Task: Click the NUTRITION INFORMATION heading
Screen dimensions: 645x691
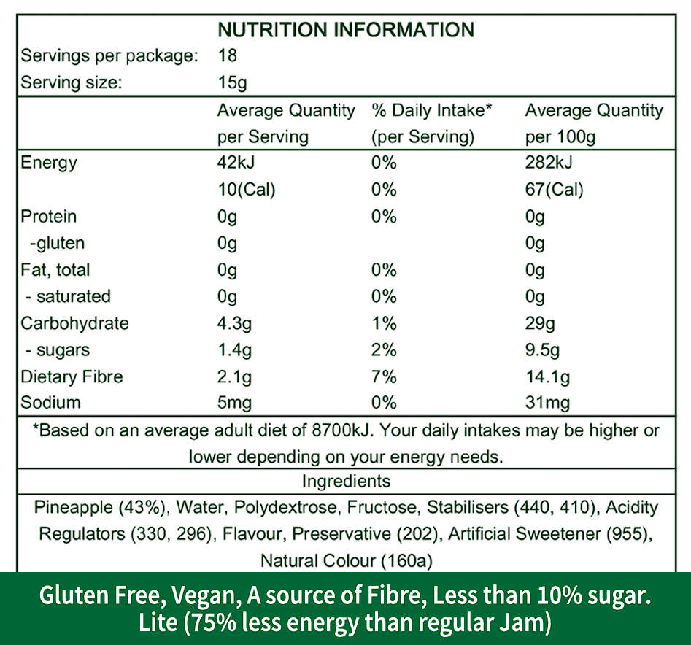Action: pos(346,30)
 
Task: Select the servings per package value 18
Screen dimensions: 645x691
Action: pos(228,56)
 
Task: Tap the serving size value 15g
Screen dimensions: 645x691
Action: pos(232,82)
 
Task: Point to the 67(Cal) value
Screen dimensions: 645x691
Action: pos(554,190)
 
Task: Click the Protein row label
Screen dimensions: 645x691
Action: pos(49,217)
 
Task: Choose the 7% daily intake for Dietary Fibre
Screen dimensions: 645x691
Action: pos(384,376)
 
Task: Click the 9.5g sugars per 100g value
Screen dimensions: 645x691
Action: pos(542,350)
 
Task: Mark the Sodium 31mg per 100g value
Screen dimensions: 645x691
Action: pos(547,403)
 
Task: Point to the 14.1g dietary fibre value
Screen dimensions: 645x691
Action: pos(547,376)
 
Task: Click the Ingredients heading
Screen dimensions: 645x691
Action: pos(346,482)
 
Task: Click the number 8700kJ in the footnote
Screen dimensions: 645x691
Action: pos(339,430)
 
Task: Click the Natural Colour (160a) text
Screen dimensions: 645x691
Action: pos(346,560)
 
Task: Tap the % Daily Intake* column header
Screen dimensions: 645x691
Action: pos(432,111)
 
